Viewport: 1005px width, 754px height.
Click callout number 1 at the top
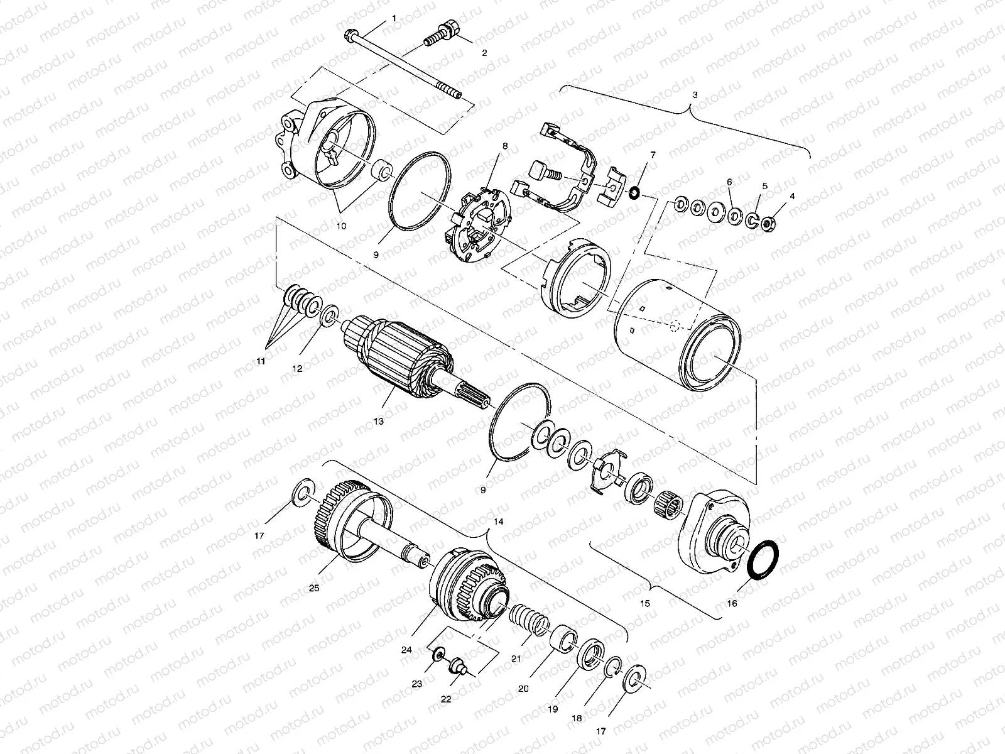click(x=394, y=19)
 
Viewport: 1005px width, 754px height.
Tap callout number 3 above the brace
click(x=695, y=94)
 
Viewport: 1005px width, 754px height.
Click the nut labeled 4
click(x=766, y=222)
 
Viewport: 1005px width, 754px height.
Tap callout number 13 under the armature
click(x=378, y=422)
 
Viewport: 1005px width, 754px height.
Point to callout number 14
click(x=499, y=522)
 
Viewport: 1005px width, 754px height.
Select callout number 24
click(x=406, y=652)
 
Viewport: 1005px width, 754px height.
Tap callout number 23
click(x=417, y=684)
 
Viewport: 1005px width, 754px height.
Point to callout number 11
click(x=260, y=361)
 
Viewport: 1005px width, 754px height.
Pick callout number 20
click(x=523, y=689)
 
